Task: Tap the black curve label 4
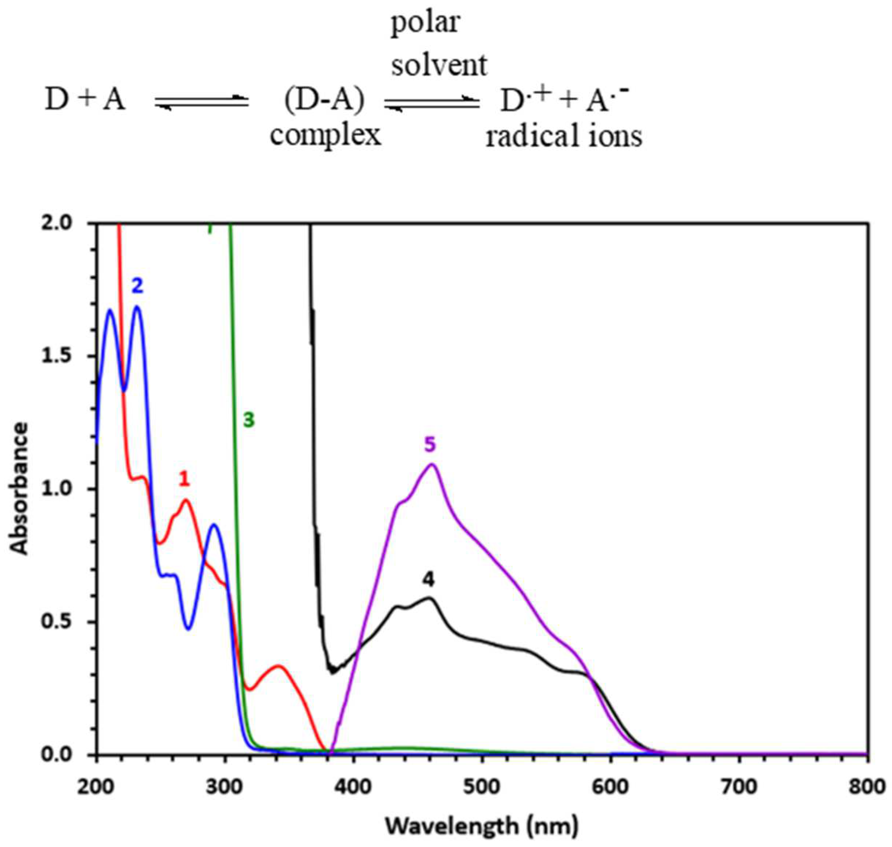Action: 428,580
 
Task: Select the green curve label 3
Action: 249,420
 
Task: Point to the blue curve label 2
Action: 137,286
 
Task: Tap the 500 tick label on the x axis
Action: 482,787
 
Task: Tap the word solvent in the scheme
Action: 439,65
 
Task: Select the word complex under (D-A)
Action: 325,135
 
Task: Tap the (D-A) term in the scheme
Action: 325,100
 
